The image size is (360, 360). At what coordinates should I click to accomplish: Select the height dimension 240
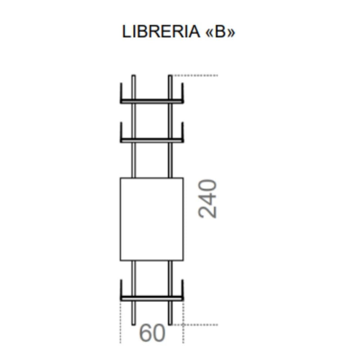(208, 199)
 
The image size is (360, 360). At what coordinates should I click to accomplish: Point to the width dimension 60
(152, 333)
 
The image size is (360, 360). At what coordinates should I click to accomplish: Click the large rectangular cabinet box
(152, 219)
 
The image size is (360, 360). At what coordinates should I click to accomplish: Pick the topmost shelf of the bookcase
(152, 101)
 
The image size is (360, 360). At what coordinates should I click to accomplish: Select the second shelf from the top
(152, 140)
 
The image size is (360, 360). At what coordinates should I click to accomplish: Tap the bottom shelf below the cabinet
(152, 298)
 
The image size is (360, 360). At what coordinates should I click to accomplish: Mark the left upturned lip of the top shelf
(121, 92)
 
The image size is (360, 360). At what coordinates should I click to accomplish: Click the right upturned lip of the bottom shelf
(183, 289)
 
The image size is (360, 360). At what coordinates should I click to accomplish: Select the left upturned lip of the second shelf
(121, 131)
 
